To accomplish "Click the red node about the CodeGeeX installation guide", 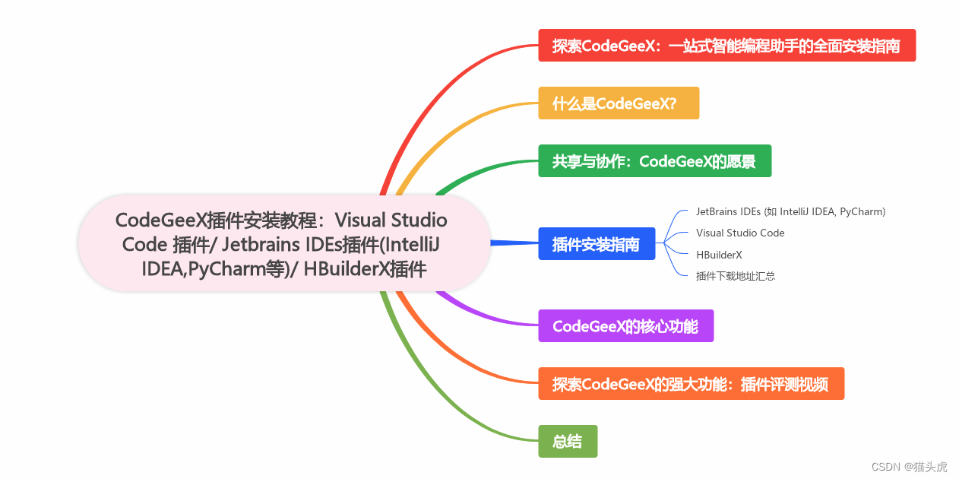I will pos(726,46).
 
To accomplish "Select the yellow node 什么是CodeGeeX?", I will pos(618,103).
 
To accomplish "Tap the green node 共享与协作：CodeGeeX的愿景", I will pos(654,161).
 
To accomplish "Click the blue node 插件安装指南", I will pos(597,244).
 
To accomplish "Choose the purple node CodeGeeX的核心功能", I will pos(625,326).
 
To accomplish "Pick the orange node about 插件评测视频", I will pos(691,384).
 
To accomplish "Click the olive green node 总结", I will pos(568,442).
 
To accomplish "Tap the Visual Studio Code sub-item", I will pos(740,233).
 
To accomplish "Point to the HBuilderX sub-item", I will pos(719,255).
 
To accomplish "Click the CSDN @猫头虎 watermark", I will pos(909,467).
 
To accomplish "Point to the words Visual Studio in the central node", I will pos(391,220).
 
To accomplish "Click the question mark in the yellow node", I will pos(673,103).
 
